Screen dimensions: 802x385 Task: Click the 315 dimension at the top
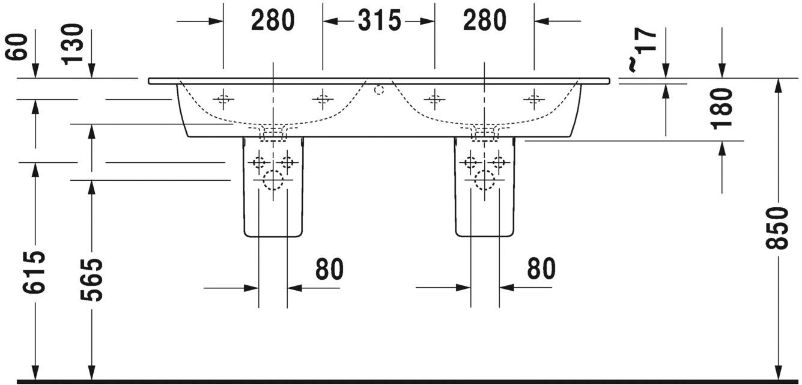379,21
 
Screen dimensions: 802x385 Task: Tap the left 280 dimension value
273,21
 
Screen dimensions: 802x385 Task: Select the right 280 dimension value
484,21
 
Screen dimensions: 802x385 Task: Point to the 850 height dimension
777,228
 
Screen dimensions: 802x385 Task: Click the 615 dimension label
34,272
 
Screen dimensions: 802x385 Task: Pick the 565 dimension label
91,279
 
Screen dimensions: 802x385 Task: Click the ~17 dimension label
643,50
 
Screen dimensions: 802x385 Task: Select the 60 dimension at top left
16,46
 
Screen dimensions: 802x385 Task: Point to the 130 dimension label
72,44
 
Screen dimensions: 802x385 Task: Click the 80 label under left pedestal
329,268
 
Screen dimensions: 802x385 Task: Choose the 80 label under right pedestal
541,268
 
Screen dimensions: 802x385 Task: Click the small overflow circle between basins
379,89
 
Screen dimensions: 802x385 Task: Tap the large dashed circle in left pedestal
273,180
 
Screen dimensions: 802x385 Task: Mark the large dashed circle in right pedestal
485,180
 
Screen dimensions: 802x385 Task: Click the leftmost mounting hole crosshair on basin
223,99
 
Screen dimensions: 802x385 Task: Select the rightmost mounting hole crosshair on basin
534,99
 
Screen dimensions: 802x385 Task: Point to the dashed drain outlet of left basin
273,133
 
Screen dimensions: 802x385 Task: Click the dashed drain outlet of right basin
485,133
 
